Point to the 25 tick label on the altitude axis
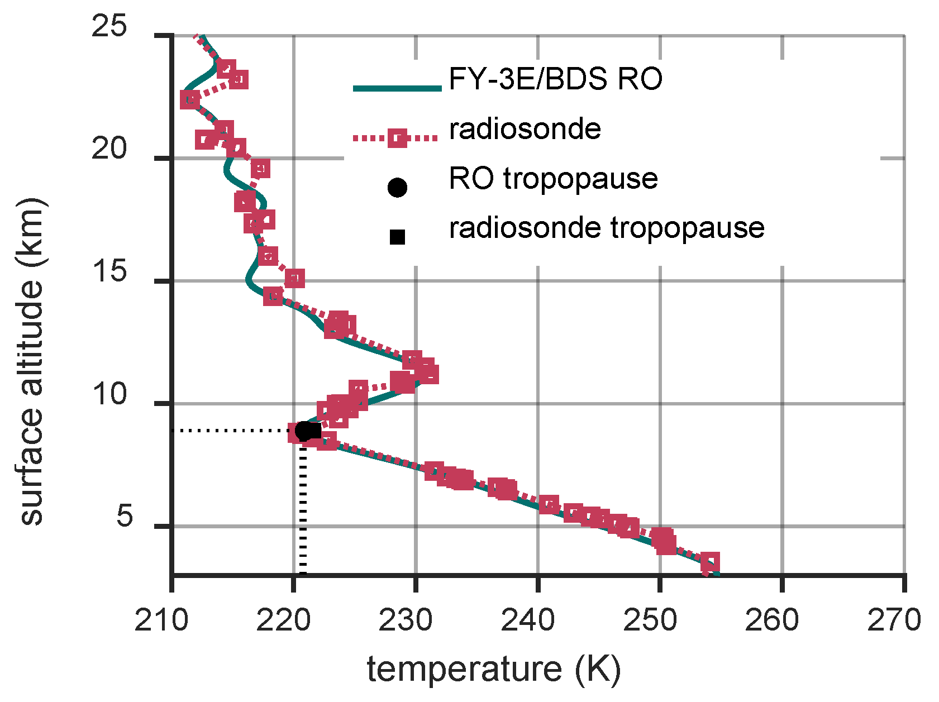coord(109,27)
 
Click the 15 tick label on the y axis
coord(109,273)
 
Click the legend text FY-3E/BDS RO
coord(555,79)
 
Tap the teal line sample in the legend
coord(397,88)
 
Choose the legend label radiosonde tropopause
coord(607,228)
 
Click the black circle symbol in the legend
coord(397,188)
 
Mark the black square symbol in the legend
coord(397,237)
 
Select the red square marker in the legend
coord(397,137)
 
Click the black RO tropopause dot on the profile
coord(303,431)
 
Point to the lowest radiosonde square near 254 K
coord(710,561)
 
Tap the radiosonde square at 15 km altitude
coord(294,278)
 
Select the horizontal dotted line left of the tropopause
coord(235,431)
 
